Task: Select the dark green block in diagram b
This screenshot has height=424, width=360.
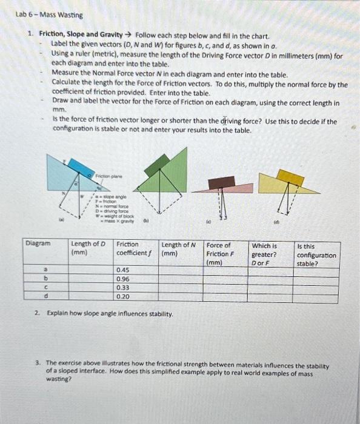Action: pyautogui.click(x=156, y=164)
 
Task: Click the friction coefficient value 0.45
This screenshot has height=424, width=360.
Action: pyautogui.click(x=122, y=271)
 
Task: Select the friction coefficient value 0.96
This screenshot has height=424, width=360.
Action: pyautogui.click(x=122, y=279)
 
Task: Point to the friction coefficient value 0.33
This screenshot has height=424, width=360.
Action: pyautogui.click(x=122, y=288)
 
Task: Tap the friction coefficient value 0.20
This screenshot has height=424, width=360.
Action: pyautogui.click(x=122, y=296)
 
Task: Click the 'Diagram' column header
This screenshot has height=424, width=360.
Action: pyautogui.click(x=38, y=245)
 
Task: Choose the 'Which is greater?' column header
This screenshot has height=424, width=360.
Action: pyautogui.click(x=265, y=254)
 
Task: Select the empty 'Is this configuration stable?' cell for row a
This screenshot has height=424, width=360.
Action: pyautogui.click(x=315, y=271)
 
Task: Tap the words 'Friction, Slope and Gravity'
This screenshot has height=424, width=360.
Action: pyautogui.click(x=84, y=36)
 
